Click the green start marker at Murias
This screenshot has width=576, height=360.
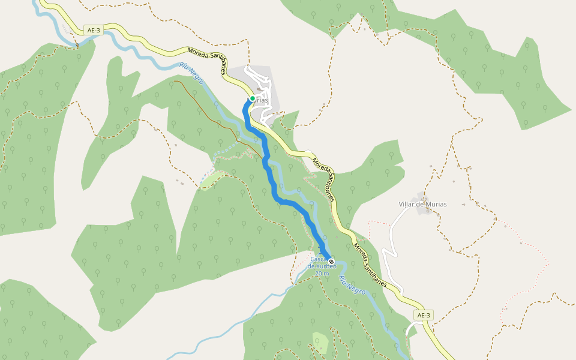click(253, 98)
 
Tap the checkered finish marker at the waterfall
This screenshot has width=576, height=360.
click(331, 262)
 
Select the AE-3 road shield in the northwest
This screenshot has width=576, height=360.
click(94, 30)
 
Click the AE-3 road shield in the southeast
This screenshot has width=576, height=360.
click(424, 315)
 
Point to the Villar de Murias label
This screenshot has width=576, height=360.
click(422, 204)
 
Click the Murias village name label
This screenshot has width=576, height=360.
click(260, 100)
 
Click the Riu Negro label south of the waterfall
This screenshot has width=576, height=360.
click(353, 286)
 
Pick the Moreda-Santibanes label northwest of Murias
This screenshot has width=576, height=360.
click(206, 61)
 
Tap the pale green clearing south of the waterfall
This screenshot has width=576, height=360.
click(320, 342)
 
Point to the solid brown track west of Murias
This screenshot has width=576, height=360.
click(204, 105)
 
